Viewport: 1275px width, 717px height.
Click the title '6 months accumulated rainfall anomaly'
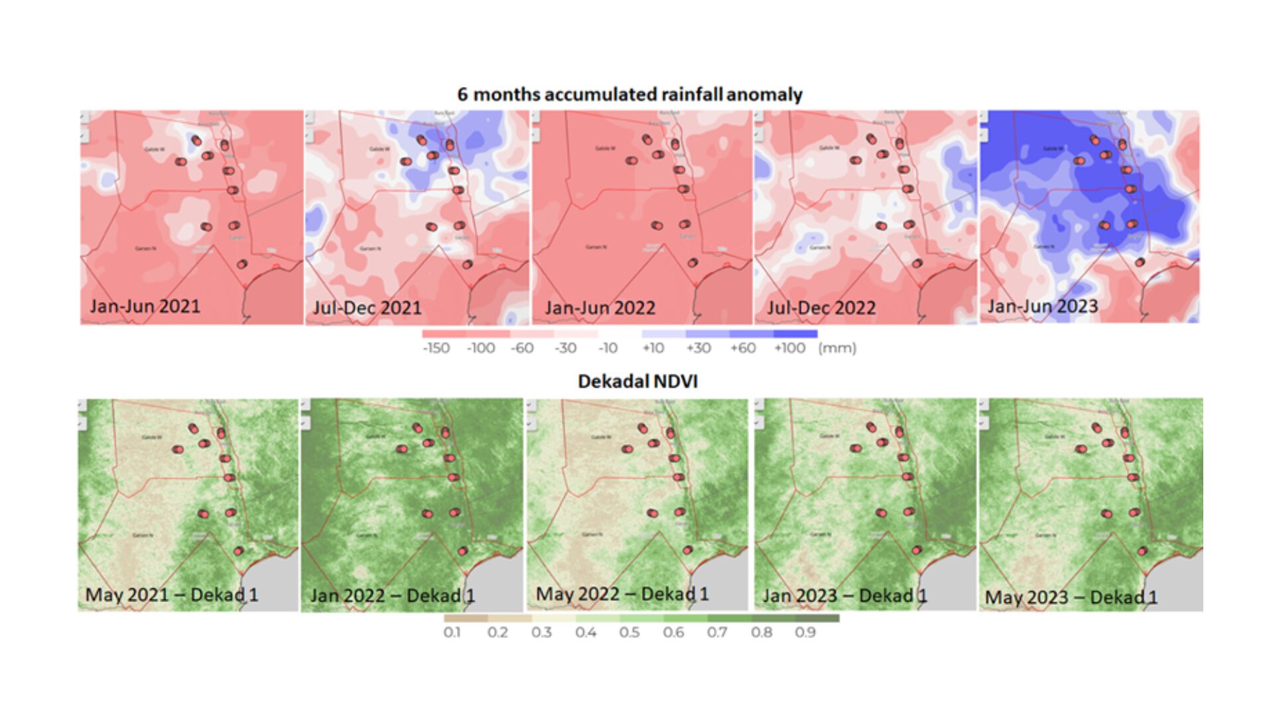[x=630, y=94]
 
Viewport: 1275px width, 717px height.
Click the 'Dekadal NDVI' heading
[x=637, y=381]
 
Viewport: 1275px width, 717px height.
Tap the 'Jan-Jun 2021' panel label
[x=145, y=306]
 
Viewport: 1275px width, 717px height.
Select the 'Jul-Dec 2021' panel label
[x=367, y=308]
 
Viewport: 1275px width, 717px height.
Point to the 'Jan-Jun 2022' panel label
[x=600, y=308]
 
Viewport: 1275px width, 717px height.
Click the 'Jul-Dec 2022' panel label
[x=821, y=308]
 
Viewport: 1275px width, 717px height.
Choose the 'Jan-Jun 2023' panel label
[x=1043, y=306]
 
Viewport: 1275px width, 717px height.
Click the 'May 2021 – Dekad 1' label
[x=171, y=594]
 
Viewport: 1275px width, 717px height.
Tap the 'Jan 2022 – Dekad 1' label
[x=392, y=596]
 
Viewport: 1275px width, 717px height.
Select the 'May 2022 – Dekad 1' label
[x=622, y=594]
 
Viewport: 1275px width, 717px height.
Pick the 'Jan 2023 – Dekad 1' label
[x=845, y=596]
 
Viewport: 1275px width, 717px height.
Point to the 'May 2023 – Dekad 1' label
[x=1071, y=597]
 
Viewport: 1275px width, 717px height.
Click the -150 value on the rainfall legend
[x=436, y=348]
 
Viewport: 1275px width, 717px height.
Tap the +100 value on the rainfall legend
[x=790, y=348]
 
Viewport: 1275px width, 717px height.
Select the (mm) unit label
[x=837, y=348]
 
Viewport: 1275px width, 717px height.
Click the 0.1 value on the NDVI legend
[x=452, y=632]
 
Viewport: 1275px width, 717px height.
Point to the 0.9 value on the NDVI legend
[x=806, y=632]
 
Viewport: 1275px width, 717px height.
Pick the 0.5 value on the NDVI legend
[x=630, y=632]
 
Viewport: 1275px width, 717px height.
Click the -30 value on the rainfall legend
[x=566, y=348]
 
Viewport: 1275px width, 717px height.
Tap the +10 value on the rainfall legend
[x=653, y=348]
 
